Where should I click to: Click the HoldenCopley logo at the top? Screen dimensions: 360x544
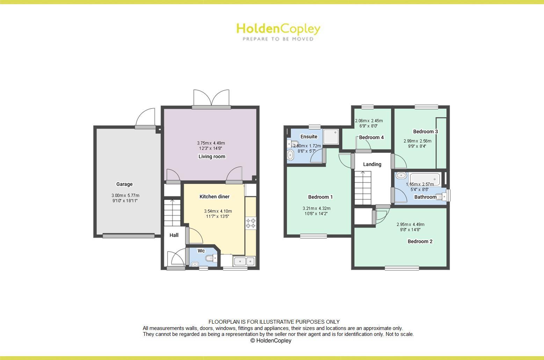278,31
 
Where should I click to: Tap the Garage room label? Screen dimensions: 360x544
124,184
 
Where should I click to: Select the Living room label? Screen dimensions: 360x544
212,156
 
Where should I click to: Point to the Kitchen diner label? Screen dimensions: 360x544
215,197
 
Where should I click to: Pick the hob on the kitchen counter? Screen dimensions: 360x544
251,223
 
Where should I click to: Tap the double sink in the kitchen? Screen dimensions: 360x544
244,261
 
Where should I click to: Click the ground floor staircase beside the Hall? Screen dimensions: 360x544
172,212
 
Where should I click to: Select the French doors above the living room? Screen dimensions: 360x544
211,98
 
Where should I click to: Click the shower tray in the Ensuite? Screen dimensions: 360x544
331,137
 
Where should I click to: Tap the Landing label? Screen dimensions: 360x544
372,164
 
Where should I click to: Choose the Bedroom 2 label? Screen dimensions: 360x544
420,241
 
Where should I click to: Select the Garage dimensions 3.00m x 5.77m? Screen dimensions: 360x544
125,198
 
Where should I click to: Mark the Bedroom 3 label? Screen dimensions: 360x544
425,132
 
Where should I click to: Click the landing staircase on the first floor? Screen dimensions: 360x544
363,188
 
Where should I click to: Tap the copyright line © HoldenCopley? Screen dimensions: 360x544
271,340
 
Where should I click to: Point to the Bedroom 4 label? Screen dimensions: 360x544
371,137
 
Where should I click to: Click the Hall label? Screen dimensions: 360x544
174,235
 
